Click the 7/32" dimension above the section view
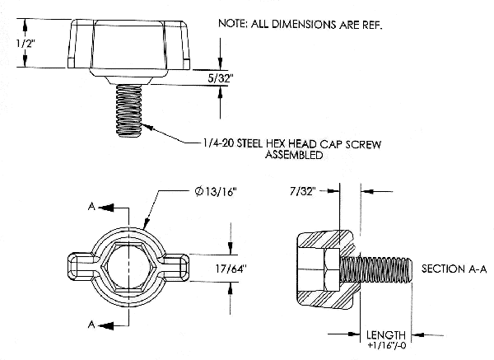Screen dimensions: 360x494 pyautogui.click(x=305, y=191)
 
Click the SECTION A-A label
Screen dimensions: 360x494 pyautogui.click(x=454, y=269)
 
